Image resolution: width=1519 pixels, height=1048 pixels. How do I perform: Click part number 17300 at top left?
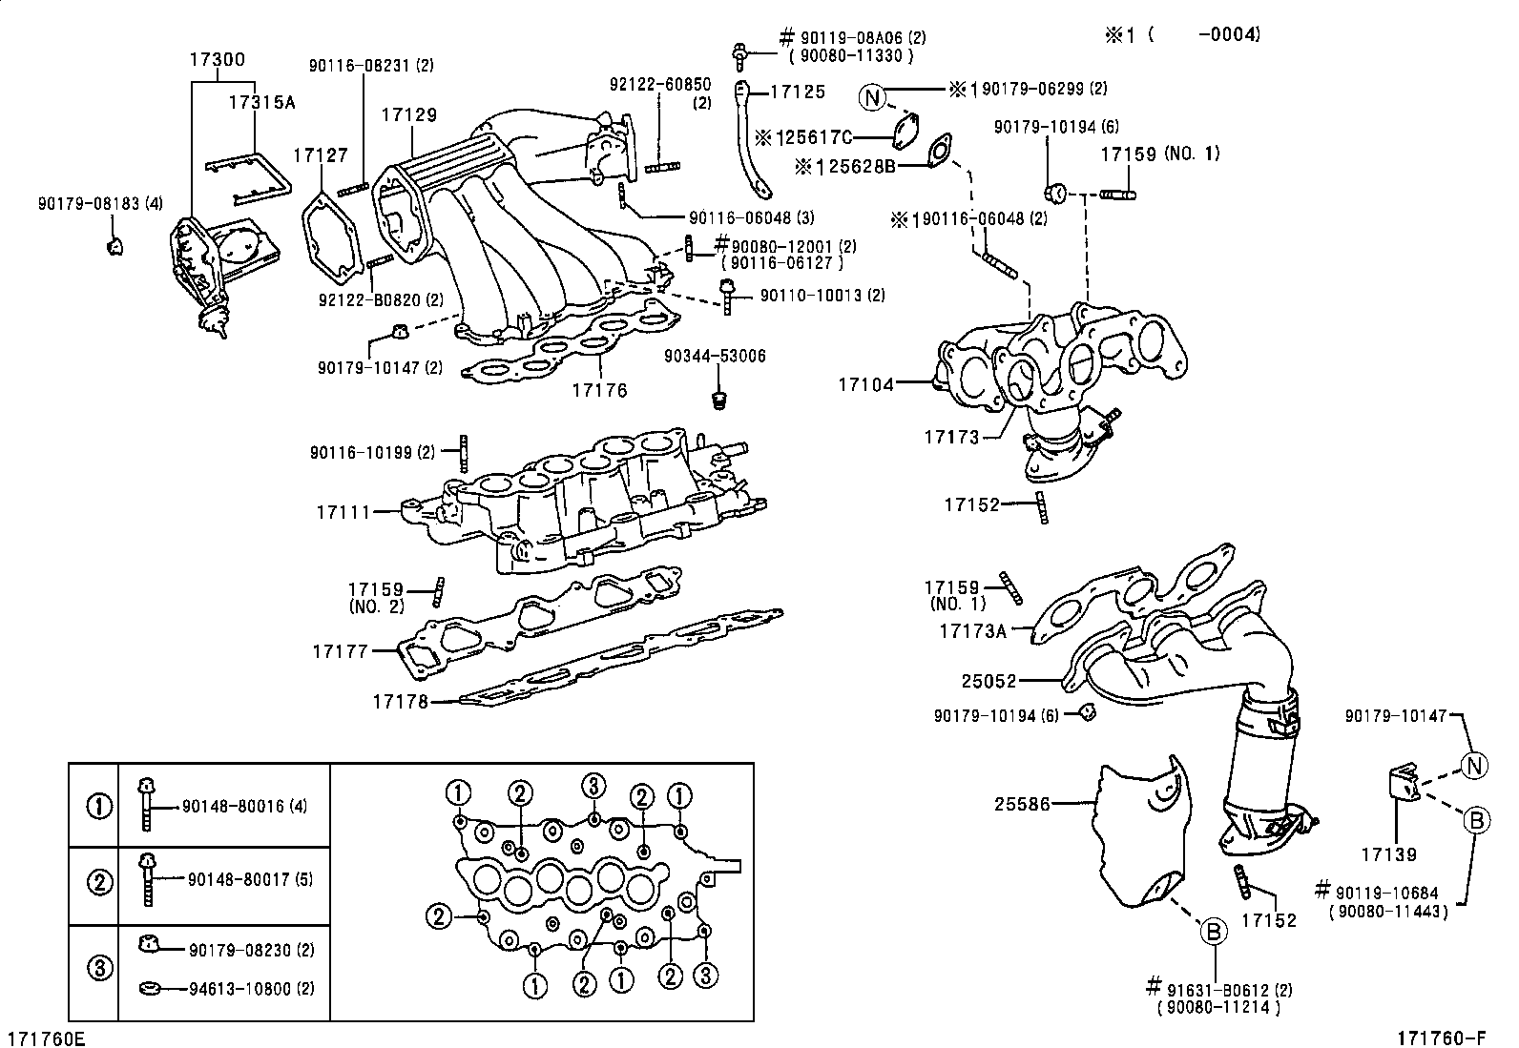(x=217, y=59)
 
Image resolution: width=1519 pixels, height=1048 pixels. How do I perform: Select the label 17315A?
(x=260, y=102)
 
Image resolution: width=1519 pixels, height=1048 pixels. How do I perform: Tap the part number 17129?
(x=409, y=114)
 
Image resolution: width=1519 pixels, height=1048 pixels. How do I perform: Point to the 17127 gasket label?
(x=321, y=154)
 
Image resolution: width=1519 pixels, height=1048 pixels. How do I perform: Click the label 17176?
(x=599, y=390)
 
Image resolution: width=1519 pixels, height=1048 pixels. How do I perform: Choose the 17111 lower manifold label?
(x=343, y=512)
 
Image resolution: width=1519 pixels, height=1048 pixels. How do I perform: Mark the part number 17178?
(x=399, y=702)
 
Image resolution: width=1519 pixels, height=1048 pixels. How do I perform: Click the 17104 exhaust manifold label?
(x=866, y=384)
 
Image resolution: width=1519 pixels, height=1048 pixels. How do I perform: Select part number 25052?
(x=989, y=682)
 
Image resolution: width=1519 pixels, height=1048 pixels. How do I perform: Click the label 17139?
(x=1388, y=855)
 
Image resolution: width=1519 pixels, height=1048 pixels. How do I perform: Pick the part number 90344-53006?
(x=715, y=357)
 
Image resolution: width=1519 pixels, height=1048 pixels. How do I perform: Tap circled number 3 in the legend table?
(x=99, y=969)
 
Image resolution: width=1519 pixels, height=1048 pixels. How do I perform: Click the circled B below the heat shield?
(x=1212, y=931)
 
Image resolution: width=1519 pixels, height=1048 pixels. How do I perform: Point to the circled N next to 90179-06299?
(x=871, y=95)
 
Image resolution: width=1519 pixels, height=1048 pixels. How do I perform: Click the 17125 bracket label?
(x=797, y=92)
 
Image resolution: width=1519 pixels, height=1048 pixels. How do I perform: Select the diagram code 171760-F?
(x=1443, y=1038)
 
